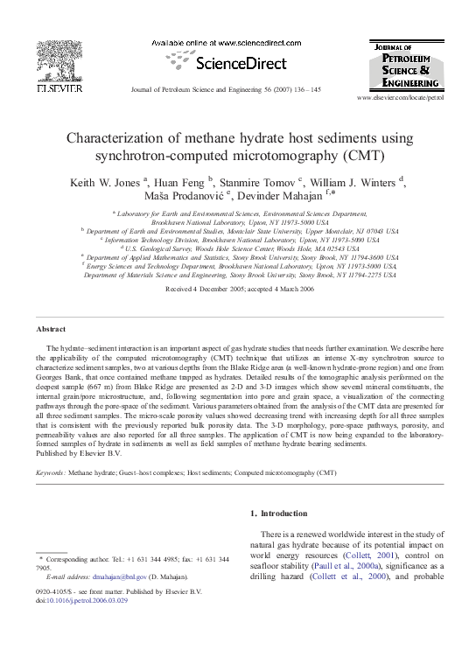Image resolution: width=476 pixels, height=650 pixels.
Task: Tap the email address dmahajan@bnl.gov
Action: coord(114,578)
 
